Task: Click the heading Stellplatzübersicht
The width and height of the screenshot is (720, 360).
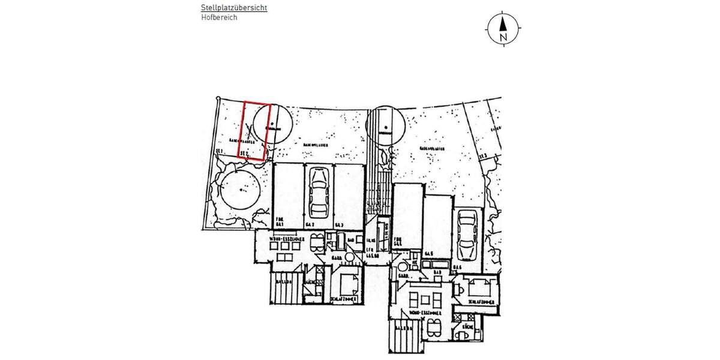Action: pos(234,8)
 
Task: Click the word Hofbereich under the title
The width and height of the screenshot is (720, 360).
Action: pos(219,18)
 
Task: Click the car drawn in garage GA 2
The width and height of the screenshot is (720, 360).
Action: pos(317,191)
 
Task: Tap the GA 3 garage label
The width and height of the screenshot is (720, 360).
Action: pos(339,225)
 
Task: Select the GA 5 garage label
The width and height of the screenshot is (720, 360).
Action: pos(428,254)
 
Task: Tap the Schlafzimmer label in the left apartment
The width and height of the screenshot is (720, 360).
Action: pos(344,298)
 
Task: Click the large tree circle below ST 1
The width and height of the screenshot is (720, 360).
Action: pos(239,189)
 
